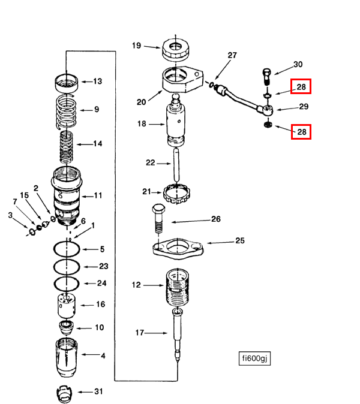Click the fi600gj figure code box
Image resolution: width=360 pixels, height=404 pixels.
pyautogui.click(x=254, y=358)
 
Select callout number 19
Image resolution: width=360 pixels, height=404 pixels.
pyautogui.click(x=136, y=46)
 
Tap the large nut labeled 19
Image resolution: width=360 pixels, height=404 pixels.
pyautogui.click(x=176, y=50)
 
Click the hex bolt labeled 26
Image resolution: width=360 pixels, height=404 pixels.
pyautogui.click(x=158, y=219)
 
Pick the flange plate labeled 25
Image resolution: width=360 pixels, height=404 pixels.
pyautogui.click(x=178, y=249)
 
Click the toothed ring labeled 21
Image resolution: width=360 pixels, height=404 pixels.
pyautogui.click(x=176, y=194)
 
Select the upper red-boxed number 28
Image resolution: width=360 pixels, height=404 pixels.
pyautogui.click(x=301, y=86)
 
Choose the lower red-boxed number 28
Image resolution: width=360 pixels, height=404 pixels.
pyautogui.click(x=301, y=132)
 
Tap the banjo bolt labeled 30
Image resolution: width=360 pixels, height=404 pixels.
pyautogui.click(x=267, y=77)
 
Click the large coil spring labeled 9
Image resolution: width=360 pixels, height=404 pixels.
pyautogui.click(x=66, y=112)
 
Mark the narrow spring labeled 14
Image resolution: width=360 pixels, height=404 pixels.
pyautogui.click(x=66, y=147)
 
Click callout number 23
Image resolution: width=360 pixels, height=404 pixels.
pyautogui.click(x=104, y=266)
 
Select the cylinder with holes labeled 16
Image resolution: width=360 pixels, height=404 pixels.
pyautogui.click(x=67, y=306)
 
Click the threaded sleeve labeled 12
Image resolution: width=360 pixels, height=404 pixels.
pyautogui.click(x=178, y=287)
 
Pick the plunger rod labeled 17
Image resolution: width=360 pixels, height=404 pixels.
pyautogui.click(x=178, y=335)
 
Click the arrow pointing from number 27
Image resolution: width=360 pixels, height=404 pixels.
pyautogui.click(x=223, y=70)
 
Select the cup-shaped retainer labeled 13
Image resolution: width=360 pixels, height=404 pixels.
pyautogui.click(x=66, y=83)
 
